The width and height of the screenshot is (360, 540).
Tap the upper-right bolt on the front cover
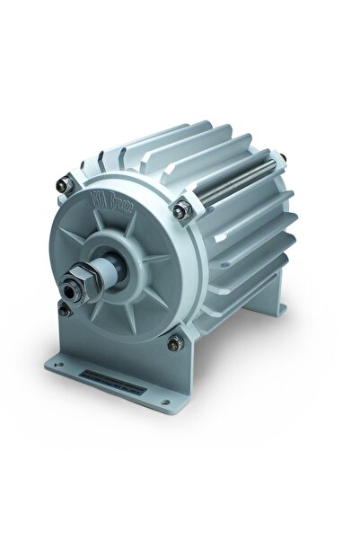[x=183, y=210]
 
